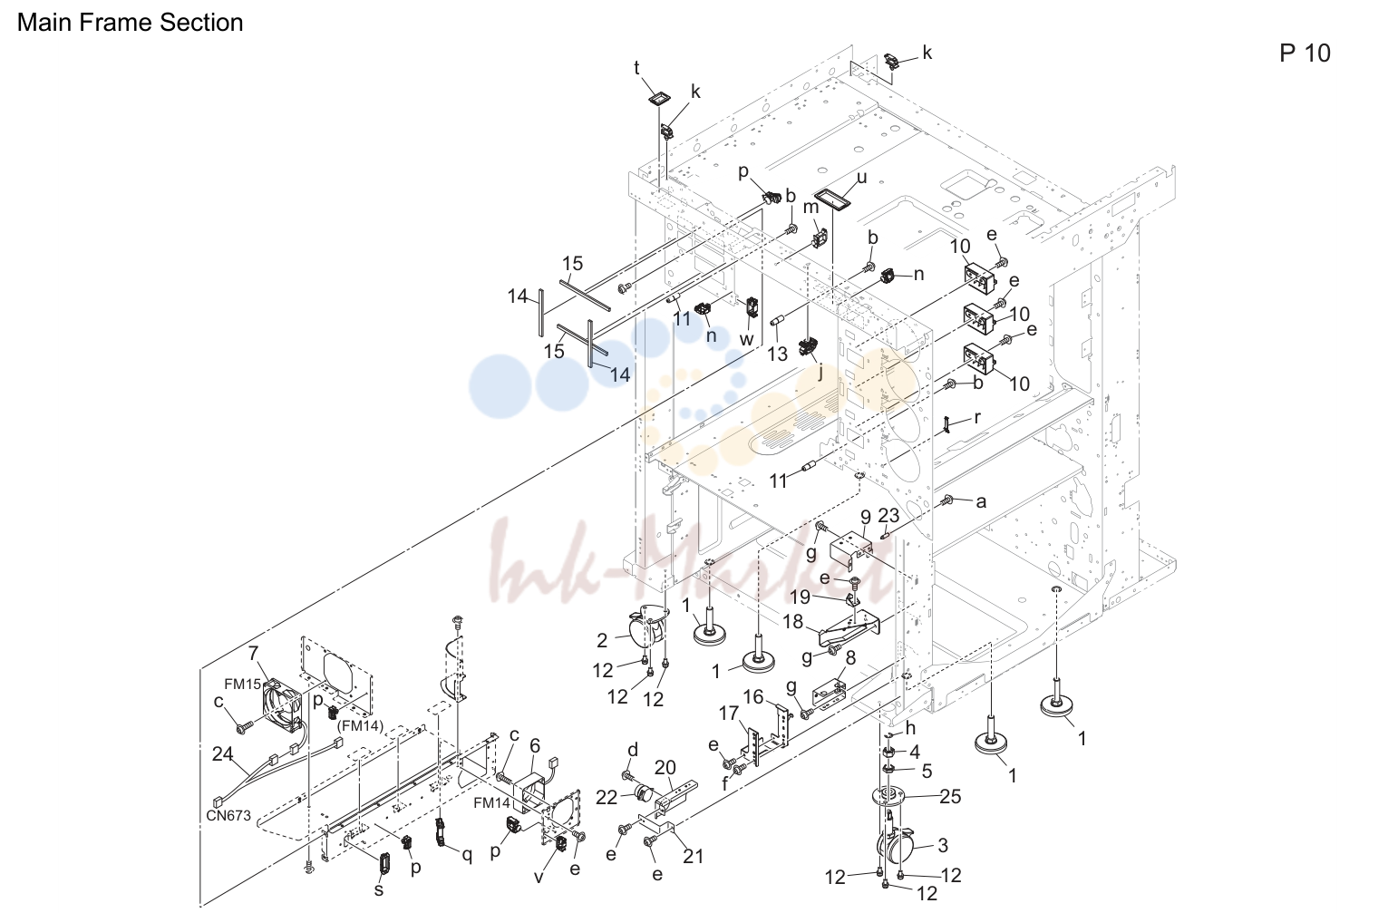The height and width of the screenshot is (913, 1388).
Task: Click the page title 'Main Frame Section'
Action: pos(131,23)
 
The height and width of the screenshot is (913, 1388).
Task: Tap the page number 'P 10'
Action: pos(1305,53)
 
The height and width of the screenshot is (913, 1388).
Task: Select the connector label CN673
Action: pos(228,816)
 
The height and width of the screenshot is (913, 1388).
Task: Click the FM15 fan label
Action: pos(242,685)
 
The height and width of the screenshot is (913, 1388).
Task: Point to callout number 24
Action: pos(222,753)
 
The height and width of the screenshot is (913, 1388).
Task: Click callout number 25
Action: pos(950,796)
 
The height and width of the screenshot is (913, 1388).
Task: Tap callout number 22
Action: pos(607,798)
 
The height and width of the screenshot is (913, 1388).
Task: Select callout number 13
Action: pos(777,354)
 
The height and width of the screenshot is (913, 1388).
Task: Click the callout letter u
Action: pos(861,178)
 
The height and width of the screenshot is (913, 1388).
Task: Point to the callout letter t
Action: pos(636,68)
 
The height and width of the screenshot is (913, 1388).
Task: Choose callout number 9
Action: pos(865,516)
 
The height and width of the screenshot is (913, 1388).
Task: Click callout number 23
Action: pos(888,515)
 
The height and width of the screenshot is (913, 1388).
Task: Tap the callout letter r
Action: pos(977,418)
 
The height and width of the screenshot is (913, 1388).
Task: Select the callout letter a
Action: pos(981,501)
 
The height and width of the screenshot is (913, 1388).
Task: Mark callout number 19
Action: pos(800,597)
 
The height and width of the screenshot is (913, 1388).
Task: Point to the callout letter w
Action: pos(746,339)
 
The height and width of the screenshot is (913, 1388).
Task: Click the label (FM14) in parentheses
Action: pos(360,725)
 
